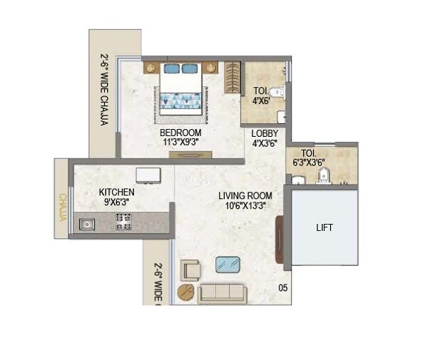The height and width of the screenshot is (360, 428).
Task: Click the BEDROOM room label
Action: pos(180,133)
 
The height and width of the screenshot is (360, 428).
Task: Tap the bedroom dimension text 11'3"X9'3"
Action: pos(180,143)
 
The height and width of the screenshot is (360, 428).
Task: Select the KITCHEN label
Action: pos(116,192)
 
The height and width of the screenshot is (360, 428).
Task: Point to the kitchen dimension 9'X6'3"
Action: pos(116,202)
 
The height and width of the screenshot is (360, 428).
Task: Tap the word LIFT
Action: pos(325,228)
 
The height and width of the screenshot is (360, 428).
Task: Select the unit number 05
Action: pos(282,289)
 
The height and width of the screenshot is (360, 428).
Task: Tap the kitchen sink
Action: pos(88,224)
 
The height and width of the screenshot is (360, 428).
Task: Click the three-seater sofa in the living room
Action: pos(222,294)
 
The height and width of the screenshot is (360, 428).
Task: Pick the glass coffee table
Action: pos(228,264)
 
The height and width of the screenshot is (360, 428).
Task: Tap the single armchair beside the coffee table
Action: pos(190,269)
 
